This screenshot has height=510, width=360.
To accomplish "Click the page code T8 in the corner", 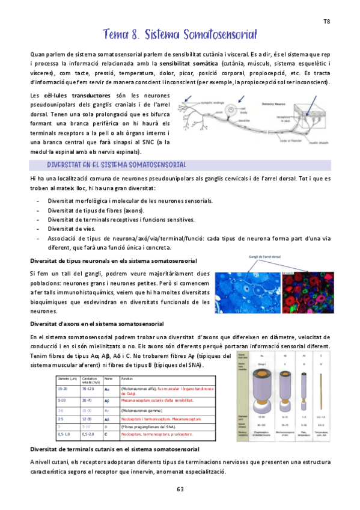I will [327, 21].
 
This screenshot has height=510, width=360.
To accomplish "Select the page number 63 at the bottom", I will [180, 489].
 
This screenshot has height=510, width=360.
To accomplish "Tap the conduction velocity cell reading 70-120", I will [88, 390].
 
